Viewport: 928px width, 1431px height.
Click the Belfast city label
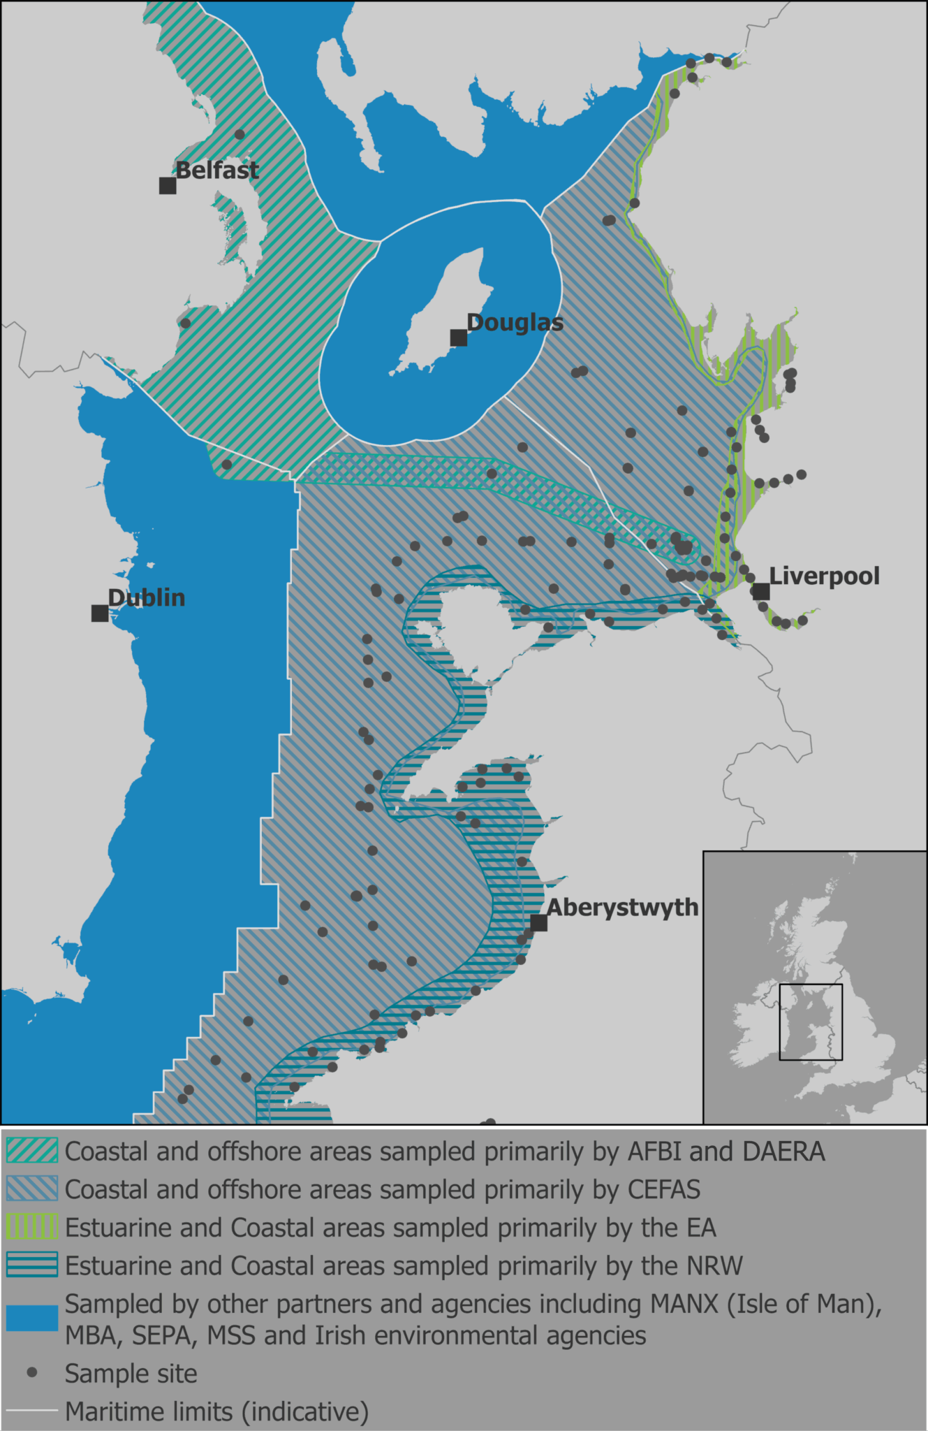[x=217, y=170]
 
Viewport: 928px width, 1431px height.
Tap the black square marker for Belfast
[x=168, y=185]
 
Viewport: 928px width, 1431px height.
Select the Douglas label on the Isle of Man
[x=515, y=323]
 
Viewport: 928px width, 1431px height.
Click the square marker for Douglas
[x=458, y=338]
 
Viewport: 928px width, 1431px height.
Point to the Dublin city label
[x=147, y=597]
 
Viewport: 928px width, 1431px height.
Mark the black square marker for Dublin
[x=100, y=613]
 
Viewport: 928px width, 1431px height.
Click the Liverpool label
[x=824, y=576]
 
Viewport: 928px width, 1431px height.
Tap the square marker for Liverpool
[x=761, y=592]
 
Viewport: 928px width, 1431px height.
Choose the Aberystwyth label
[x=622, y=907]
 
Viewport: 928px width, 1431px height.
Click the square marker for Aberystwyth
[x=538, y=922]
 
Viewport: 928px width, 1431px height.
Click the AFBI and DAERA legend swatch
[x=32, y=1151]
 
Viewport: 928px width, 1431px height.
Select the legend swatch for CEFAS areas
[x=32, y=1189]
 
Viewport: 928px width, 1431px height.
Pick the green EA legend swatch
[x=32, y=1227]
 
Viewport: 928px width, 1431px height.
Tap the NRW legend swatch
[x=32, y=1265]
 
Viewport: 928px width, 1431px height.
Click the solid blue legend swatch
[x=32, y=1319]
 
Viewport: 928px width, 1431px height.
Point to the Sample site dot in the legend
[x=32, y=1373]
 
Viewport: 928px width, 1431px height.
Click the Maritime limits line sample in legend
[x=32, y=1411]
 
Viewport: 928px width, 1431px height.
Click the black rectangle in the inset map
[x=811, y=1022]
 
